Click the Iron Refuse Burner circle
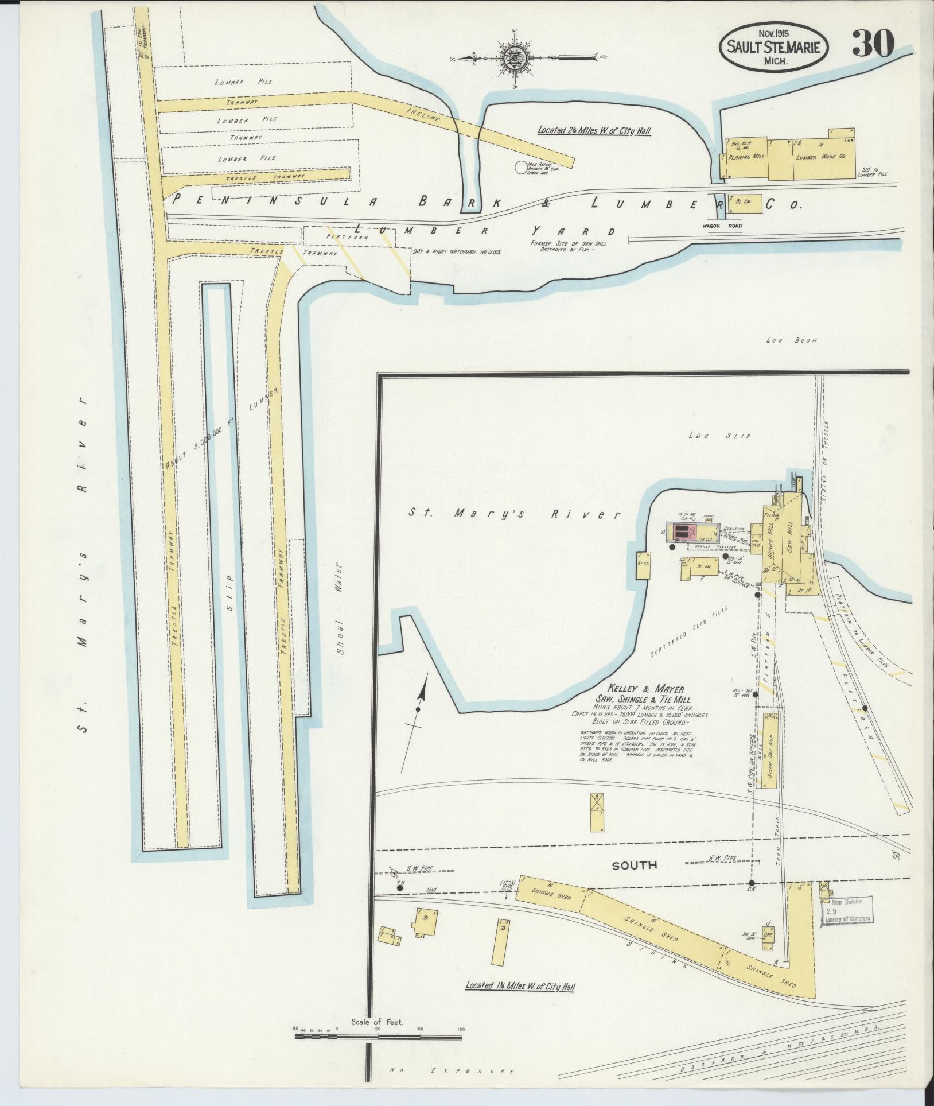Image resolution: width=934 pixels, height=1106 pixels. pyautogui.click(x=520, y=167)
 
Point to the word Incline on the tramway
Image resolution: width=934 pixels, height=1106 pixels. pyautogui.click(x=423, y=114)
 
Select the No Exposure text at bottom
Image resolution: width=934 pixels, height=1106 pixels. pyautogui.click(x=452, y=1071)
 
